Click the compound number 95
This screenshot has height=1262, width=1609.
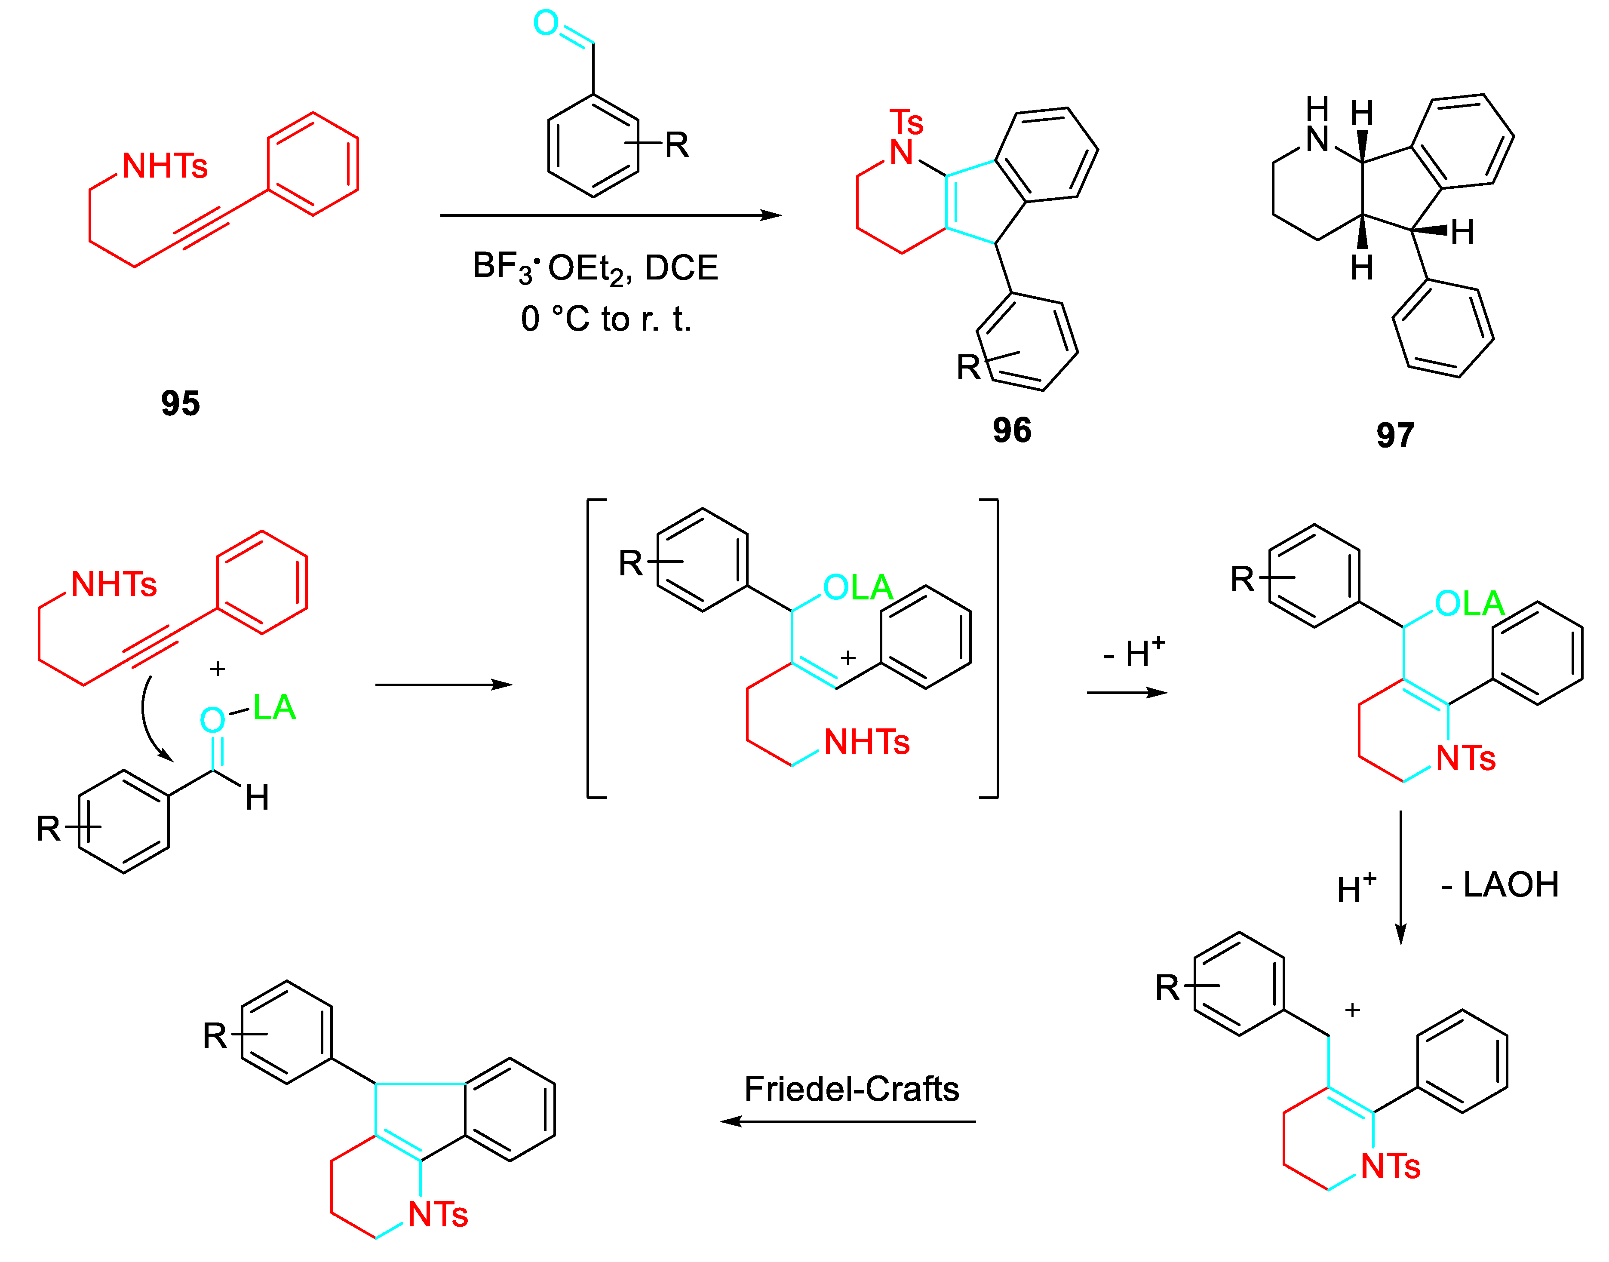click(180, 403)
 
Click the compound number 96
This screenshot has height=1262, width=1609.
click(1011, 430)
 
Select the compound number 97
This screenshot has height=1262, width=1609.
click(1395, 435)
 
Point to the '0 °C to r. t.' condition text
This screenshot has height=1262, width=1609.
click(606, 319)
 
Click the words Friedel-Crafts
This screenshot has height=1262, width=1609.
click(851, 1088)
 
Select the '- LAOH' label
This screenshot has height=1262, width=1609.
click(1500, 884)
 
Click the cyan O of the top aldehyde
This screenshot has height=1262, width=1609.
click(546, 23)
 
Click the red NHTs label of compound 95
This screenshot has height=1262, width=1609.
click(165, 166)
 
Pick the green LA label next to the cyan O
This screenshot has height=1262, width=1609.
click(274, 707)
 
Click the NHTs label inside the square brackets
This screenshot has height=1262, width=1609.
click(866, 742)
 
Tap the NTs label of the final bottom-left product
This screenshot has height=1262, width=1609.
click(438, 1214)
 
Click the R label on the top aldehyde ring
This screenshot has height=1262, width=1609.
click(677, 145)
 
